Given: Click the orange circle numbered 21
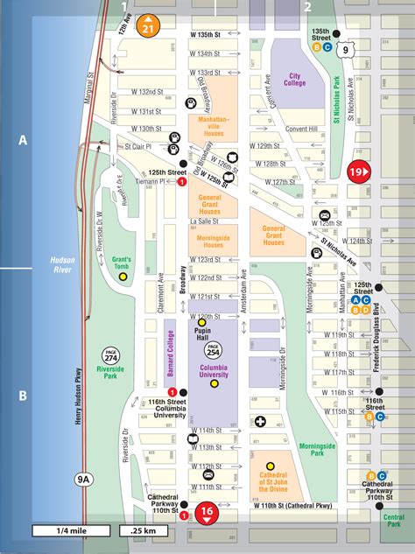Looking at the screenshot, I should (x=150, y=25).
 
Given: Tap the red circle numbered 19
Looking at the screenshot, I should (x=359, y=172).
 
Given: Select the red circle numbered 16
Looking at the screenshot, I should (x=207, y=513).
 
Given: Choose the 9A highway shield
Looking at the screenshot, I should (x=83, y=478).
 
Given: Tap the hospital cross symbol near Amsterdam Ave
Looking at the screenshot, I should (x=260, y=423).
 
